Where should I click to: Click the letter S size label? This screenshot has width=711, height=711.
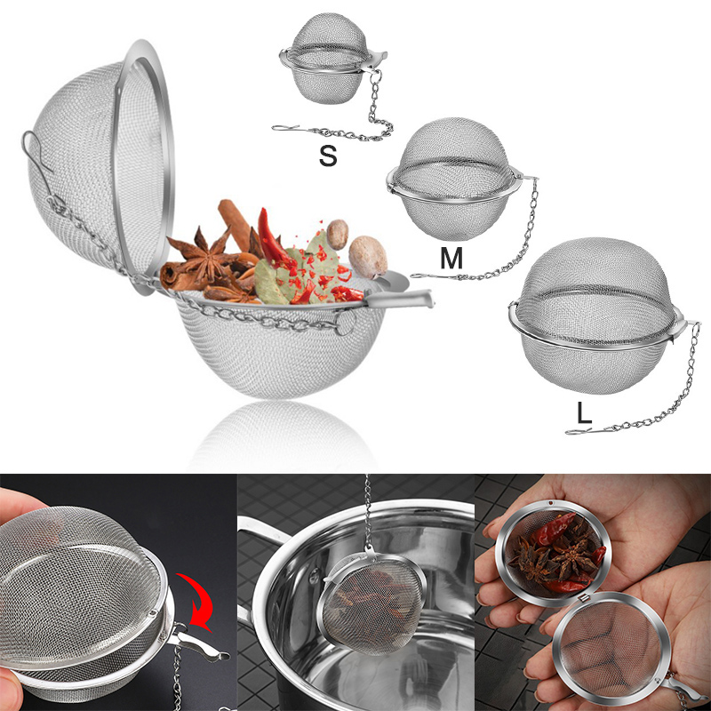coord(328,156)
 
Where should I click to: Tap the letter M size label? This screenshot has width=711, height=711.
coord(451,258)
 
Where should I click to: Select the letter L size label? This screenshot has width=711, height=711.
coord(584,413)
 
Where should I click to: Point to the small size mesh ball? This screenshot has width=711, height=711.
coord(330,59)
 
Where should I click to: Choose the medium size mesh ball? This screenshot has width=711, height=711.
coord(453,180)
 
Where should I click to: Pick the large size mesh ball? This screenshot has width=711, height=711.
coord(595,316)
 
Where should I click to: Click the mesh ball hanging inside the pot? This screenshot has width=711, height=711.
coord(372,601)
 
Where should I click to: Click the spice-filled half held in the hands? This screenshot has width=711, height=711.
coord(553,552)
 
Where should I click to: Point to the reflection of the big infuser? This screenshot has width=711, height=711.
coord(282,435)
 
